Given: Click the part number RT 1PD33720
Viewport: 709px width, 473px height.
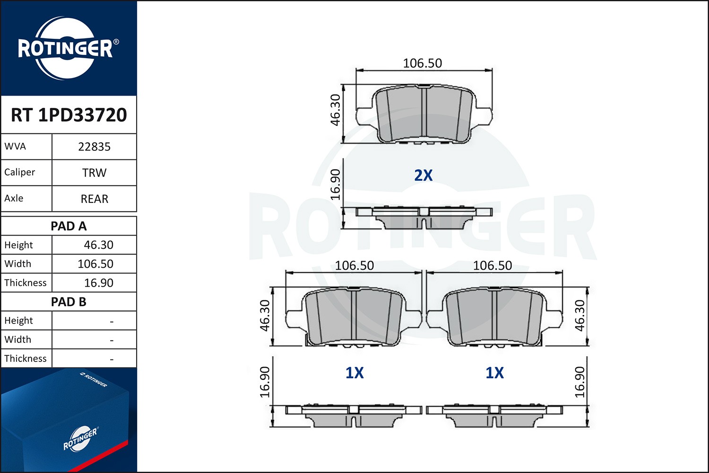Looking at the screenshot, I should (69, 115).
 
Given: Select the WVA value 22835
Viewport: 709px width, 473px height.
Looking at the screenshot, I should (94, 147).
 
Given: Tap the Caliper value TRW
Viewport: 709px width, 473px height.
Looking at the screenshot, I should (94, 173).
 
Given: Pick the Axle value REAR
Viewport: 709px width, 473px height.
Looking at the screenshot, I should (94, 199).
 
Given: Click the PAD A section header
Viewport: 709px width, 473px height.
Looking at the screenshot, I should (69, 226).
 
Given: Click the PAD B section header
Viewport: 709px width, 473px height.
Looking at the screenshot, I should (69, 302).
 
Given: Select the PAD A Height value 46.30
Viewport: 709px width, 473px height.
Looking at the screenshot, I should (98, 245).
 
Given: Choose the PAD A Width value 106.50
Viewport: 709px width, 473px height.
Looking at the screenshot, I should (95, 264).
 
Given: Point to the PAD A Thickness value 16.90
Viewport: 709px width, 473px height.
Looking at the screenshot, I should (98, 283).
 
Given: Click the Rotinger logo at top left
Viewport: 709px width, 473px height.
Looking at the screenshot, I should (66, 48).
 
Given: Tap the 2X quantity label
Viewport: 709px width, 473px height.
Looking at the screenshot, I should (423, 175).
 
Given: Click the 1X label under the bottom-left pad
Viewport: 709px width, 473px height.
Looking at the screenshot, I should (354, 373).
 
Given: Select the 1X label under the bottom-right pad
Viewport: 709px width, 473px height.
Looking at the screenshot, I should (494, 373).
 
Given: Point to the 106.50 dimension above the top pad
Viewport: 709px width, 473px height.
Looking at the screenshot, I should (422, 63).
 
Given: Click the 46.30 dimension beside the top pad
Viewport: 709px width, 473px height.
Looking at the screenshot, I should (335, 110).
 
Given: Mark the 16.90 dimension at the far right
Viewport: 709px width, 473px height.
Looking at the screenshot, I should (580, 382).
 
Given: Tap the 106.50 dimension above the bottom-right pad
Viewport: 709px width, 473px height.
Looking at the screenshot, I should (493, 265).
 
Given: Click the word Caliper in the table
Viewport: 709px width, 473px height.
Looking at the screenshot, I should (20, 172).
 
